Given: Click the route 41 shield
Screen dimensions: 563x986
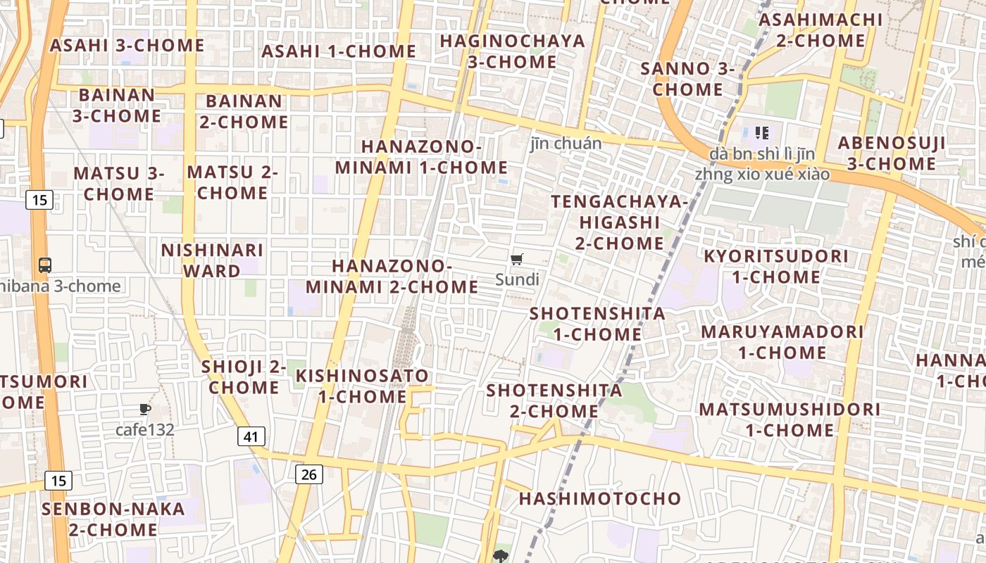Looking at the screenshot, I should (x=251, y=436).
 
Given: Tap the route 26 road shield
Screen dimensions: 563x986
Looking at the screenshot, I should (x=308, y=474).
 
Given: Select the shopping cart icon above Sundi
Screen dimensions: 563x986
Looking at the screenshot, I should (x=517, y=260).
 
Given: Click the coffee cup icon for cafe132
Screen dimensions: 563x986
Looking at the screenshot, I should (x=145, y=409).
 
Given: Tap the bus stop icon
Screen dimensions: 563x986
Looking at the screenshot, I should (x=45, y=265).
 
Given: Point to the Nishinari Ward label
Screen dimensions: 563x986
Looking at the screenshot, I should (x=212, y=260).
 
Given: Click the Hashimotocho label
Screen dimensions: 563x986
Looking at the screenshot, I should (x=600, y=499).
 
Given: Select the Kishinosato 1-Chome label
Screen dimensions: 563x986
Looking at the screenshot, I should (x=362, y=386).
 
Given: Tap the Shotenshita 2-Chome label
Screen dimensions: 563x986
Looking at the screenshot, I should (x=554, y=400).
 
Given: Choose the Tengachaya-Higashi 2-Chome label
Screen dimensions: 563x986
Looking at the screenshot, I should (x=619, y=222).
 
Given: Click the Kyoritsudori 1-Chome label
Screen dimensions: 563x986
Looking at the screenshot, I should (x=776, y=266).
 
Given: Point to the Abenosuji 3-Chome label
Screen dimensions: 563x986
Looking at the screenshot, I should (x=891, y=153).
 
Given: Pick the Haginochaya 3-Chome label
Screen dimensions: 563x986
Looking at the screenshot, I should (x=512, y=51).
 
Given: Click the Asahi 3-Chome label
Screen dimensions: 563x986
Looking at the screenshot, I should (x=127, y=46).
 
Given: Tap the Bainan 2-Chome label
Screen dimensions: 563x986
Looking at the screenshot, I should (x=244, y=111).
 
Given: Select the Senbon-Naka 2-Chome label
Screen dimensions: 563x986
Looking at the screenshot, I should (x=113, y=519).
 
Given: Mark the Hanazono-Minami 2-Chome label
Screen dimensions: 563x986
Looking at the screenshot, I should (x=392, y=276).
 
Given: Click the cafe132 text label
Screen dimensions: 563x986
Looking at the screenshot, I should (x=145, y=429).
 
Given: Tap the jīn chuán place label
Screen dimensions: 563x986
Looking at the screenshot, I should (x=566, y=144).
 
